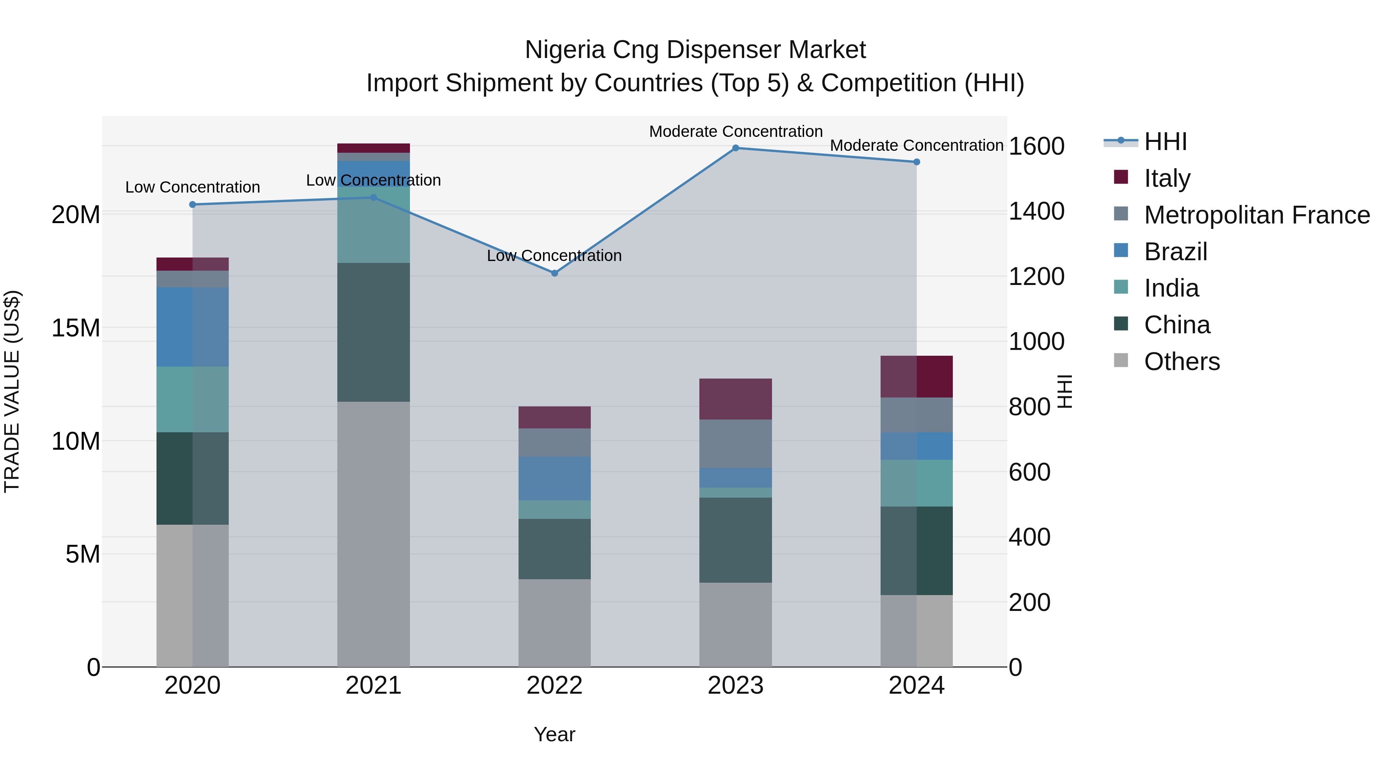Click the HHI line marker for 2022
pos(554,273)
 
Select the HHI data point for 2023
pos(735,148)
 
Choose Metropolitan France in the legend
pos(1256,215)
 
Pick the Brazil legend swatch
pos(1121,251)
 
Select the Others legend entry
pos(1182,362)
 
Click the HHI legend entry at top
pos(1165,142)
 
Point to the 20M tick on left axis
pos(76,215)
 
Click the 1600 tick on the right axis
pos(1036,146)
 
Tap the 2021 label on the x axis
pos(373,686)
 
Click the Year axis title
pos(554,734)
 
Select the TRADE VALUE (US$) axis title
pos(12,391)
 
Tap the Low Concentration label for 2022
pos(554,256)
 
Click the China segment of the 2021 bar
pos(373,332)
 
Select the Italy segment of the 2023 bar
pos(735,399)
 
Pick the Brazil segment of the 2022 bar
pos(554,478)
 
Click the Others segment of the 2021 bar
pos(373,534)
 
